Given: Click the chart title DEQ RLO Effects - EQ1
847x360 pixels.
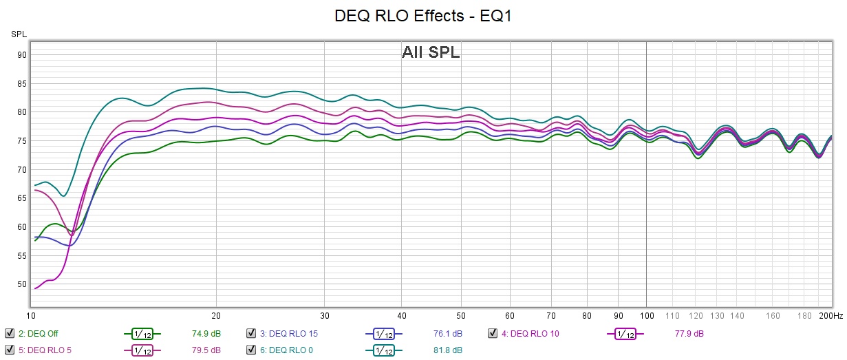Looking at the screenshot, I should click(x=422, y=16).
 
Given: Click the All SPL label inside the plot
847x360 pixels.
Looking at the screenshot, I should click(x=431, y=52).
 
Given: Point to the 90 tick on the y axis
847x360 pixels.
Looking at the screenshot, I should click(x=22, y=55).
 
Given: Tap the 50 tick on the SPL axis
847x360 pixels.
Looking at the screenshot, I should click(x=22, y=284).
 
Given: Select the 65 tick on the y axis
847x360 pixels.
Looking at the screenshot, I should click(x=22, y=198).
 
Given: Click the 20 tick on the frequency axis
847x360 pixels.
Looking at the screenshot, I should click(x=216, y=316).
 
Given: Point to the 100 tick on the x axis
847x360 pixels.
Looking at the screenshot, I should click(x=645, y=316).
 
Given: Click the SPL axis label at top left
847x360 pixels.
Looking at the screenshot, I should click(x=19, y=34).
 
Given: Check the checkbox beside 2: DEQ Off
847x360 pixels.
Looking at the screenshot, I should click(x=10, y=334).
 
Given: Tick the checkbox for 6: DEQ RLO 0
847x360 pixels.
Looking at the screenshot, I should click(x=252, y=350).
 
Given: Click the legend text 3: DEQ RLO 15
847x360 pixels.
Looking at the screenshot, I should click(x=289, y=334).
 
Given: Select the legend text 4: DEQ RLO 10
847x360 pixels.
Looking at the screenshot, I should click(x=530, y=334).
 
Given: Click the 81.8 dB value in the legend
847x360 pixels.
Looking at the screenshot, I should click(x=447, y=350).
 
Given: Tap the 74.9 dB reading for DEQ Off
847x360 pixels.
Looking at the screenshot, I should click(x=206, y=334).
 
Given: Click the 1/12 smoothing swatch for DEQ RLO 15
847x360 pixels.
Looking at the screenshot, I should click(x=384, y=334).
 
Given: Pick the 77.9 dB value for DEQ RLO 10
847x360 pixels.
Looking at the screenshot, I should click(x=689, y=334).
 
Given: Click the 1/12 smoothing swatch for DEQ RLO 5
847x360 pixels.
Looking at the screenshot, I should click(x=142, y=350).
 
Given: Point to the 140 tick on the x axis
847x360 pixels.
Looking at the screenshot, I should click(x=737, y=316).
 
